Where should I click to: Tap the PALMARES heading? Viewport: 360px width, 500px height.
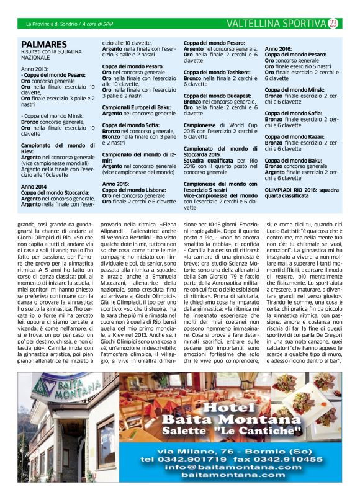click(x=43, y=45)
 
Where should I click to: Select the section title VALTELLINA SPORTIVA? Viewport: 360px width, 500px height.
click(x=276, y=24)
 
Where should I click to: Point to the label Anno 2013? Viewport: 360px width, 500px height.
click(x=34, y=69)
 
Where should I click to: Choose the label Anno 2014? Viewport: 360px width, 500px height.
click(x=35, y=186)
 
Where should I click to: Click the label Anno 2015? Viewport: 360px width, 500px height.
click(x=116, y=184)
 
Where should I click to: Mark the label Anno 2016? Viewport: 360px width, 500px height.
click(x=278, y=48)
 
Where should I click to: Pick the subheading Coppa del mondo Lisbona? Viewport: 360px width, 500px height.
click(x=137, y=190)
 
